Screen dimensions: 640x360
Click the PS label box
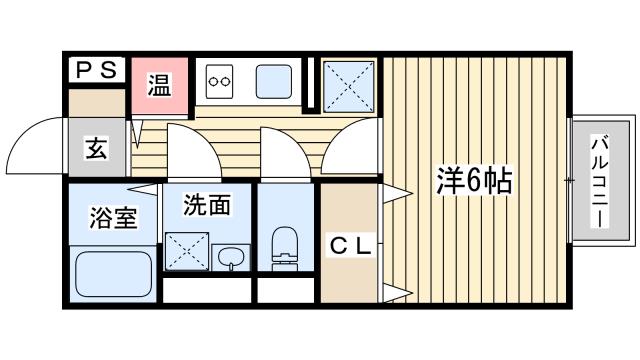pos(97,70)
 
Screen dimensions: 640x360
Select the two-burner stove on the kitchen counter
pos(220,81)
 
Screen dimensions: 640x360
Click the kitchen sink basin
pos(274,82)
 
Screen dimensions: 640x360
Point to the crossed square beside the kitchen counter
pos(349,87)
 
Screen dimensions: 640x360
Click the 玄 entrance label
pos(97,149)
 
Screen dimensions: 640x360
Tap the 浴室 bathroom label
pos(113,218)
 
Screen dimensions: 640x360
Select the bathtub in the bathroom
pos(113,274)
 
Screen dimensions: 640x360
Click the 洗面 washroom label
pos(207,204)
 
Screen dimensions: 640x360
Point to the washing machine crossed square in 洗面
pos(187,251)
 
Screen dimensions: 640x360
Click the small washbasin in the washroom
pos(231,258)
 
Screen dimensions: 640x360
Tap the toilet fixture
pos(285,249)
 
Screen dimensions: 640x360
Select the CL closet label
pos(351,246)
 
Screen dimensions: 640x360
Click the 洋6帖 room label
pos(474,180)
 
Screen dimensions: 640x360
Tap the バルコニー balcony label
pos(600,183)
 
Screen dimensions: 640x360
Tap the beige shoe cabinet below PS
pos(97,103)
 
